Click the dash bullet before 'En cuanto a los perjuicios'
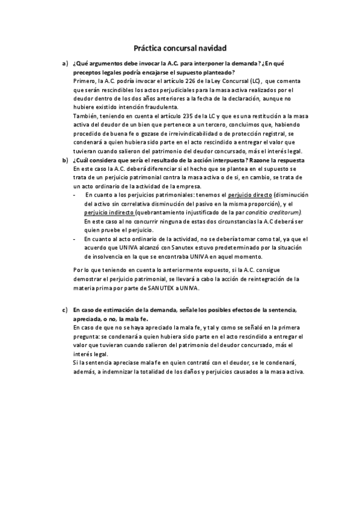coord(74,195)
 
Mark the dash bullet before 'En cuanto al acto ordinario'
coord(74,239)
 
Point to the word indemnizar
coord(126,372)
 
